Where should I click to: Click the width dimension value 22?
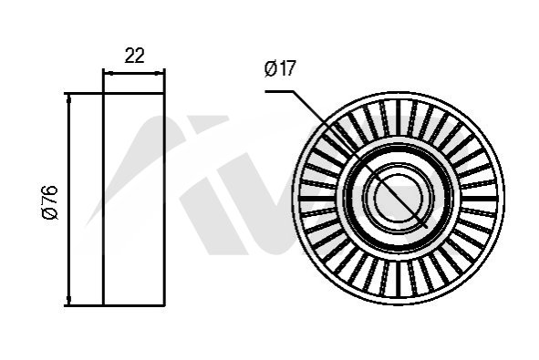134,56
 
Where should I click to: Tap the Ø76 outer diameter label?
49,202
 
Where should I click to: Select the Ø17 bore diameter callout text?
280,68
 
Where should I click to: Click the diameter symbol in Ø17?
271,68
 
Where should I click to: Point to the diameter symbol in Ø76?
49,213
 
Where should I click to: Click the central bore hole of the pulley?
399,199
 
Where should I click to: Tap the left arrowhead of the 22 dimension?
108,73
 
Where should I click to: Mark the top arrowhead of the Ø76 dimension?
68,98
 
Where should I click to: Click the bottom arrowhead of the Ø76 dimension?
68,300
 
